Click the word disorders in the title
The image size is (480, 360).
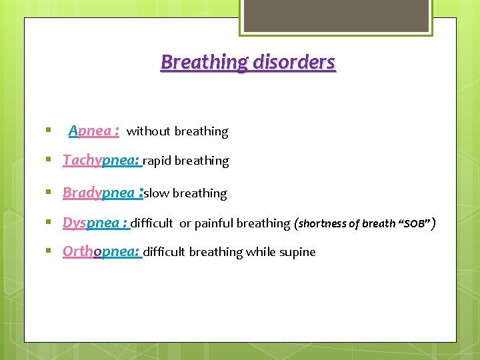click(x=293, y=63)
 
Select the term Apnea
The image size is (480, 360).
click(x=90, y=131)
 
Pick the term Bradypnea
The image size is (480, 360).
click(x=98, y=193)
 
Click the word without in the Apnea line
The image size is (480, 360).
click(x=148, y=132)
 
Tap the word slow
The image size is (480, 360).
click(x=157, y=193)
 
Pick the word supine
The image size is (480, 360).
click(x=299, y=252)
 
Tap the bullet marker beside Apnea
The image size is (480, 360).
click(x=49, y=131)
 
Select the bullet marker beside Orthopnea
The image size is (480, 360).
click(x=49, y=251)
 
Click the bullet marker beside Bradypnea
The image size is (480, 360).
click(x=49, y=193)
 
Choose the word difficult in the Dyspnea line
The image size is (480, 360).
click(x=151, y=223)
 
